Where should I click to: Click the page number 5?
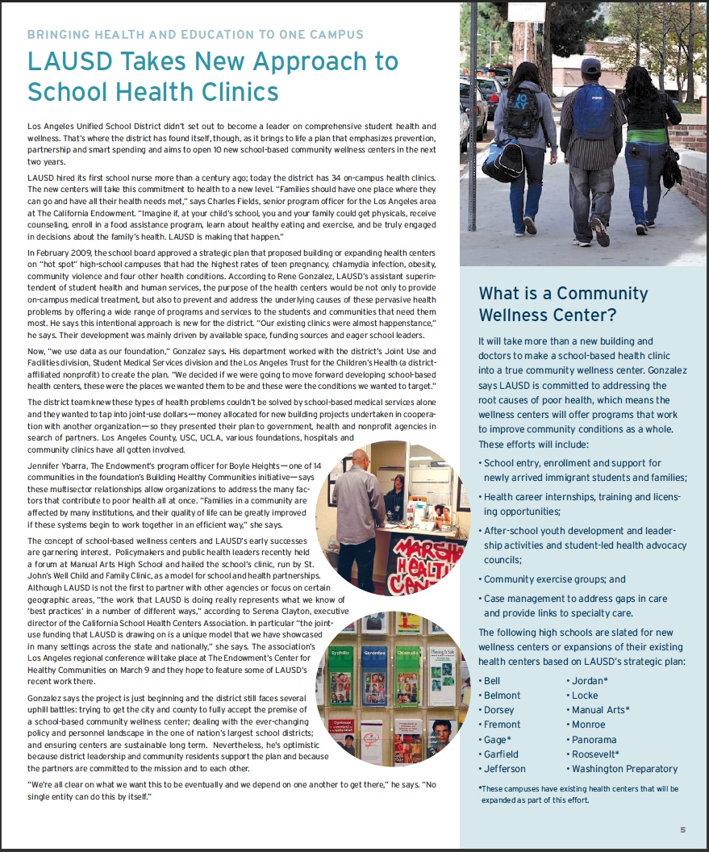[x=682, y=829]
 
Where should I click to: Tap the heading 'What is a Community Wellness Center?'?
[x=552, y=303]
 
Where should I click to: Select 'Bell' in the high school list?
[x=492, y=681]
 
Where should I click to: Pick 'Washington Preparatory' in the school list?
[x=624, y=769]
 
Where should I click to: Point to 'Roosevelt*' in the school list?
[x=595, y=754]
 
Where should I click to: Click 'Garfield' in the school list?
[x=501, y=754]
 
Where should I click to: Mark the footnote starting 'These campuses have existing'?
[x=578, y=794]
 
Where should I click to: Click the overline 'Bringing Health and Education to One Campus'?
[x=195, y=35]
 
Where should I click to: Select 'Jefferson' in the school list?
[x=504, y=769]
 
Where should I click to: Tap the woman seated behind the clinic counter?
[x=394, y=500]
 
